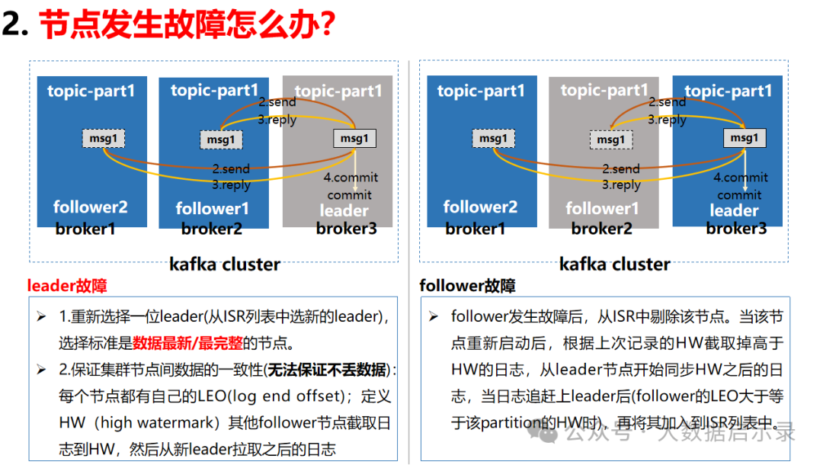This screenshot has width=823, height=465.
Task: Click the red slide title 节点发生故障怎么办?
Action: [x=187, y=24]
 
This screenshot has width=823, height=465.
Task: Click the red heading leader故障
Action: [x=66, y=286]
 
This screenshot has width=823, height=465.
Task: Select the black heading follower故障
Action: [x=467, y=286]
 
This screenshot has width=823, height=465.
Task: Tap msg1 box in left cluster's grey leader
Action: [x=355, y=139]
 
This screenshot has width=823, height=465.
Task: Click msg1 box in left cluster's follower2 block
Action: [x=104, y=139]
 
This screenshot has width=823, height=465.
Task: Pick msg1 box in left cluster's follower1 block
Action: [x=221, y=139]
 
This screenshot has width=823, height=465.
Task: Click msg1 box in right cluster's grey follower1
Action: [x=611, y=139]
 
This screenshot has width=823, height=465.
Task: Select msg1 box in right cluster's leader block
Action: [x=745, y=138]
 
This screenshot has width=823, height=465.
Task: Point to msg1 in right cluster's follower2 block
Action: [x=493, y=139]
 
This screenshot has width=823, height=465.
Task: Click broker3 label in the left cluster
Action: [x=347, y=228]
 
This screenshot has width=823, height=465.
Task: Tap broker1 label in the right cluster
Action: [x=475, y=229]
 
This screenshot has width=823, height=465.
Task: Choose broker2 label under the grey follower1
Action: [x=601, y=229]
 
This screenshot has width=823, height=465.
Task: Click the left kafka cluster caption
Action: [x=225, y=264]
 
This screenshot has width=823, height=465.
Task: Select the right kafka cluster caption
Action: [x=615, y=264]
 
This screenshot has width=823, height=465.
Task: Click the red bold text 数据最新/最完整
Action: [x=187, y=343]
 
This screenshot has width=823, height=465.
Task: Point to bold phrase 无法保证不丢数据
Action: [x=327, y=370]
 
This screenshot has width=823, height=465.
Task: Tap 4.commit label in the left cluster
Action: [x=351, y=178]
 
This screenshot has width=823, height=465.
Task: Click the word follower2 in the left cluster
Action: [x=90, y=207]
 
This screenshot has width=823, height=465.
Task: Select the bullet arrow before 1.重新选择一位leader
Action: [x=41, y=316]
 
